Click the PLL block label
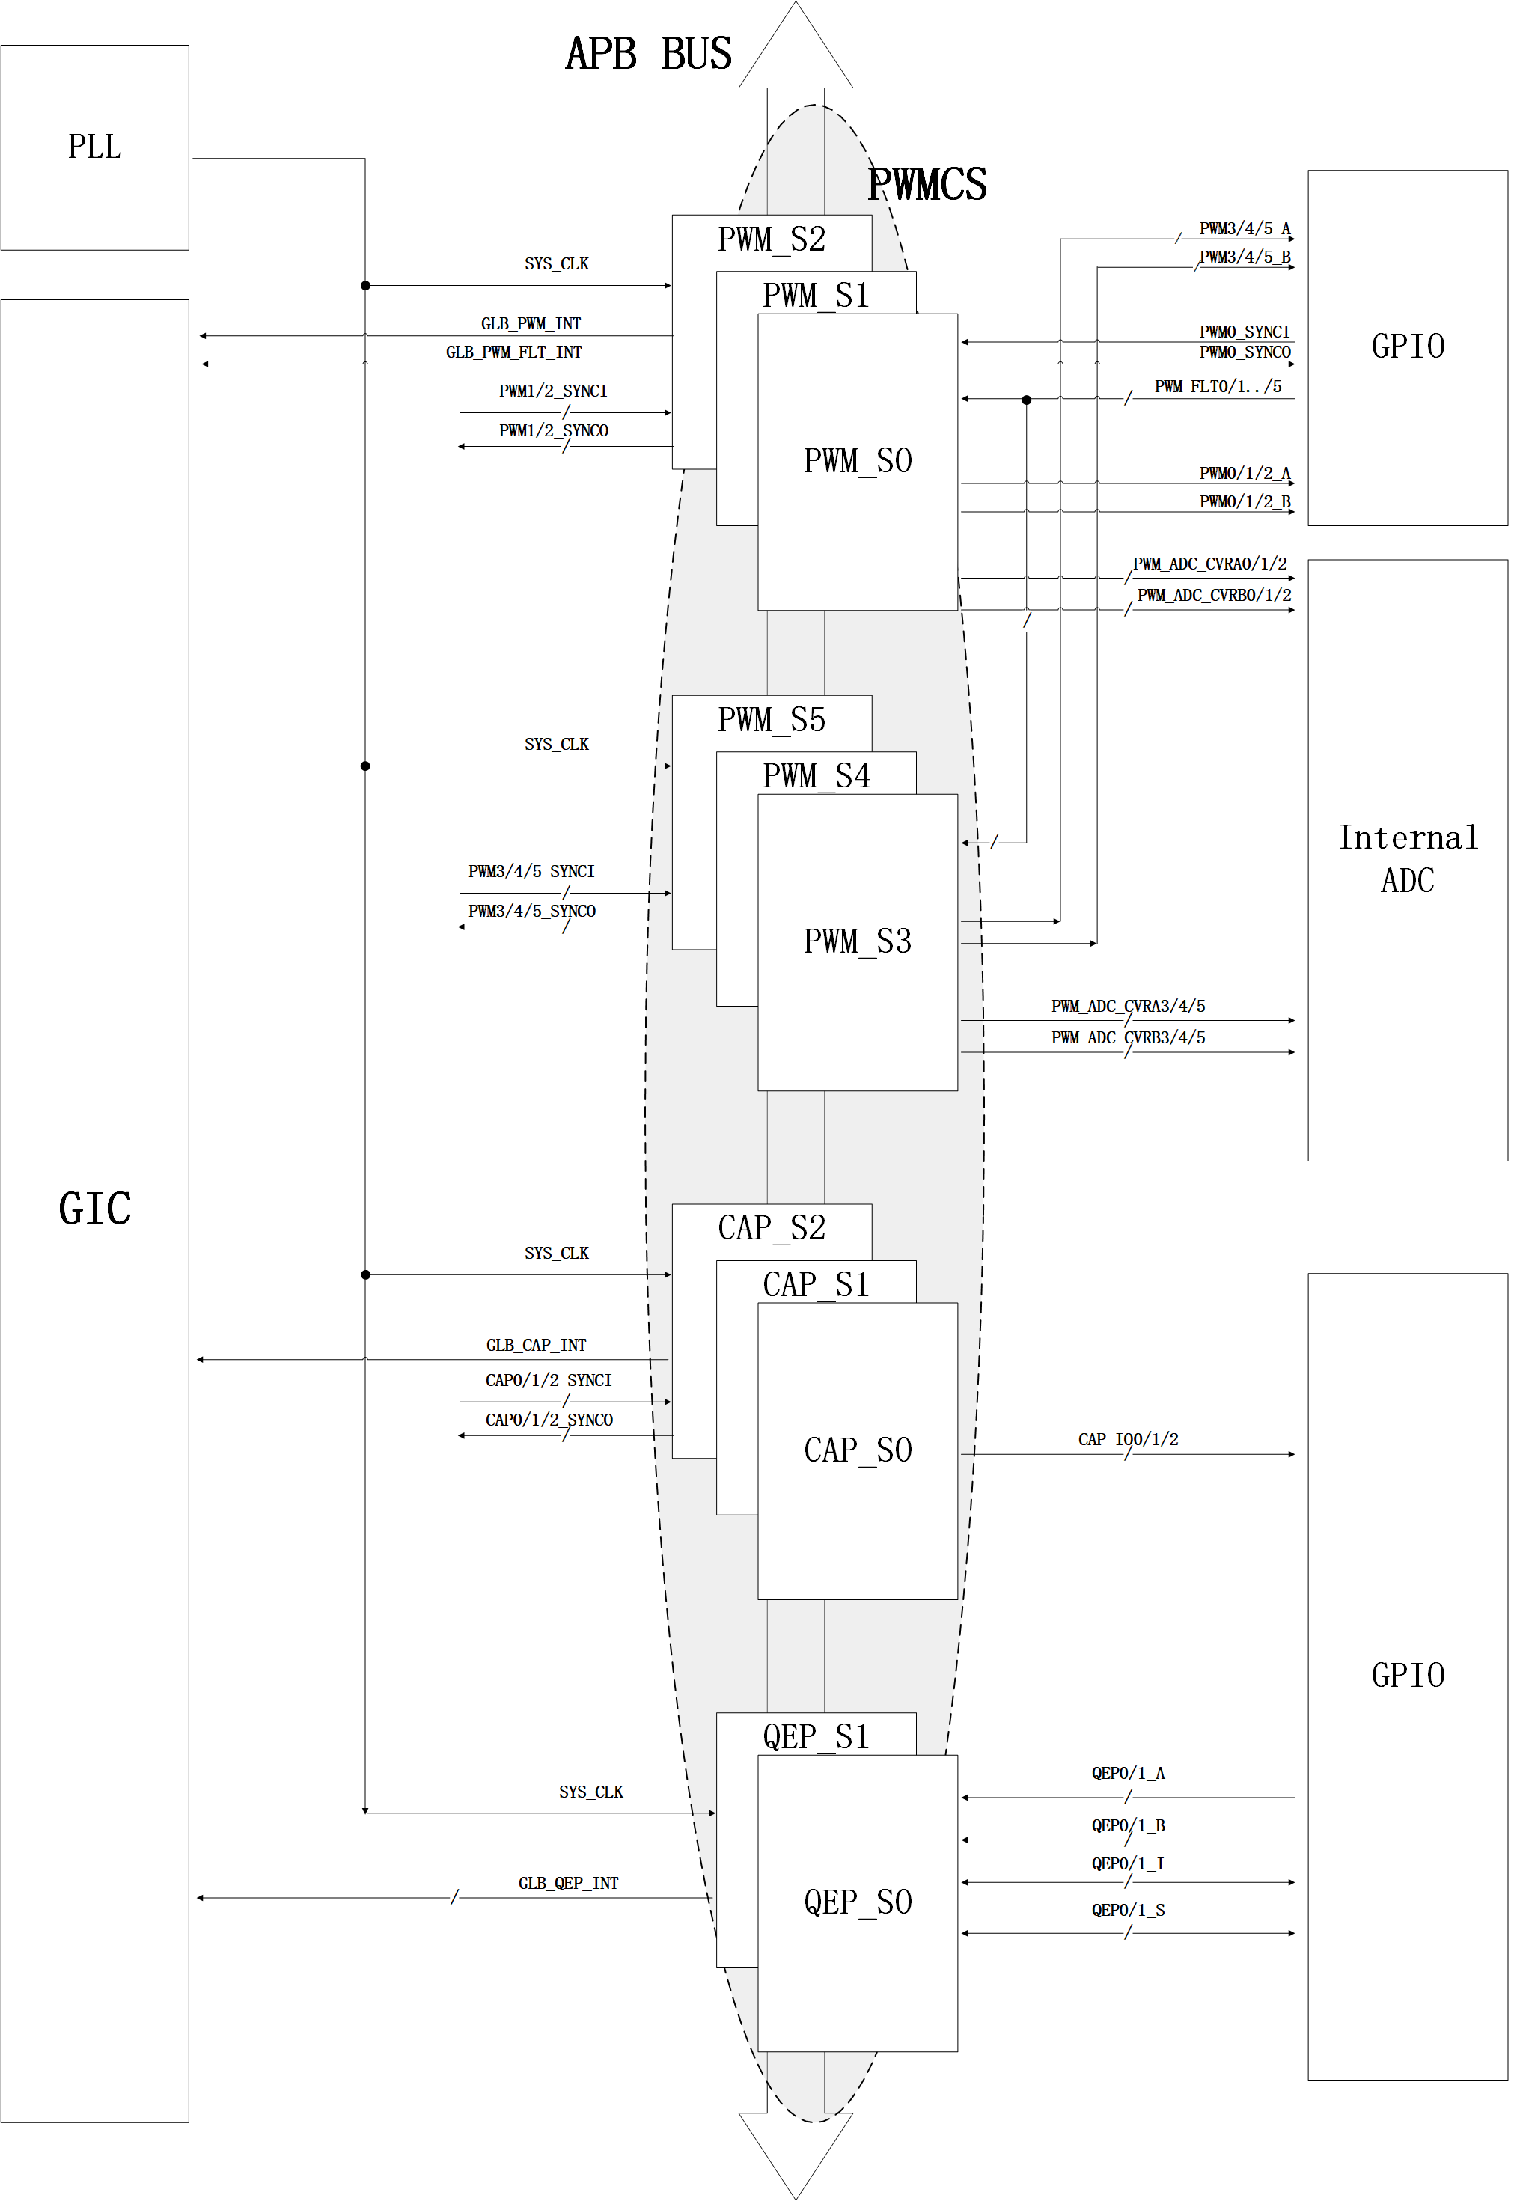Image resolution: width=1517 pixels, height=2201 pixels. click(94, 147)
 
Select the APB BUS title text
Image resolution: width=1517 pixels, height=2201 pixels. click(648, 54)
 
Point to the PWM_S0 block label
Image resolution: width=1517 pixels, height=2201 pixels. click(858, 461)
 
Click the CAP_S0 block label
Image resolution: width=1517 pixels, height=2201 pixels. click(858, 1450)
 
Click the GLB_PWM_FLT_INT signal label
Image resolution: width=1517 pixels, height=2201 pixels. click(513, 352)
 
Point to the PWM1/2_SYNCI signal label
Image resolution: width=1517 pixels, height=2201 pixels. click(552, 391)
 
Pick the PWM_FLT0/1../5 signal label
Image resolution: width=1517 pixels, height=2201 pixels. click(1218, 387)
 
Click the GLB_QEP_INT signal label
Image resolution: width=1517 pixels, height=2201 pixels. click(567, 1884)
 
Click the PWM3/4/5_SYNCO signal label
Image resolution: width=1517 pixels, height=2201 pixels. click(531, 912)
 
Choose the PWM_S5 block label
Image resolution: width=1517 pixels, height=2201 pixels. click(771, 721)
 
